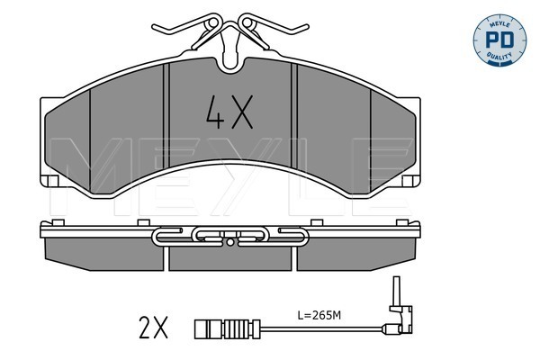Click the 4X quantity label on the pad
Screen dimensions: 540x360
click(x=229, y=112)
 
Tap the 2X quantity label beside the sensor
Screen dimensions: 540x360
click(x=153, y=327)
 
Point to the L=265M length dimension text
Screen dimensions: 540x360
click(x=319, y=315)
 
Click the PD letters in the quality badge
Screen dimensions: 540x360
click(x=499, y=40)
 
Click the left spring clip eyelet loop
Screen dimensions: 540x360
click(x=213, y=23)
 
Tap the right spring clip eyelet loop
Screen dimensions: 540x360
click(x=247, y=23)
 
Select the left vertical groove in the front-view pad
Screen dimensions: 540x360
click(x=166, y=115)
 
